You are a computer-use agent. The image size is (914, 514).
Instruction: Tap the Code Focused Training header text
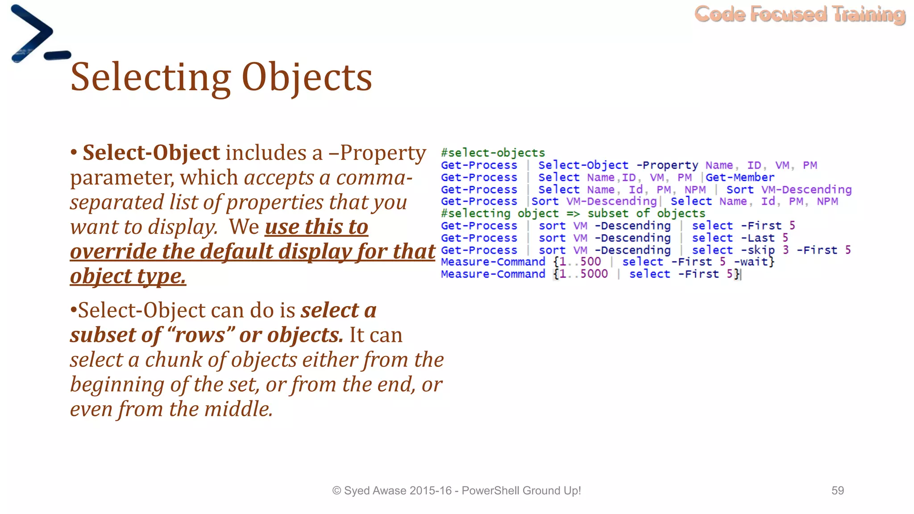tap(800, 14)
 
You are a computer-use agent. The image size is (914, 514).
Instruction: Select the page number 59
tap(837, 491)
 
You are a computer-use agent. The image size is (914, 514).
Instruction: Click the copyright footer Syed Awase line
tap(456, 491)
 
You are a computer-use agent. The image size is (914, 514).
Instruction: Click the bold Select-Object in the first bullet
tap(151, 153)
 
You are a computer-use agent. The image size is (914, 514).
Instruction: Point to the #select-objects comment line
tap(493, 153)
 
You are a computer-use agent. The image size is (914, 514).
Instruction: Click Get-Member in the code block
tap(740, 178)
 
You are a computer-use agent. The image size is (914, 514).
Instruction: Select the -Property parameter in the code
tap(667, 166)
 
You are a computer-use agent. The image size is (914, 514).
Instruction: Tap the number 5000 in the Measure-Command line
tap(594, 274)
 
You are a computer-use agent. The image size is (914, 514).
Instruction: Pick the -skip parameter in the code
tap(757, 250)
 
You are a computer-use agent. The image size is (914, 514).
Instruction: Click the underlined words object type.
tap(128, 276)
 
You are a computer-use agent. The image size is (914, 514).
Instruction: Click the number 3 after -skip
tap(785, 250)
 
